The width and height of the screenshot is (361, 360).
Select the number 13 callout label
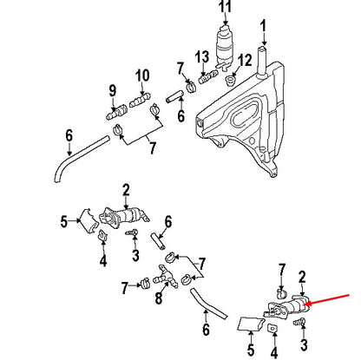coord(202,56)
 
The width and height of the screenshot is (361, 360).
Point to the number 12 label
coord(244,60)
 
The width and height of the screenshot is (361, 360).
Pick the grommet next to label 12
coord(230,82)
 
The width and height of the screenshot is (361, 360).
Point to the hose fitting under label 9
coord(114,112)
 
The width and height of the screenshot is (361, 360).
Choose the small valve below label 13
coord(207,78)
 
